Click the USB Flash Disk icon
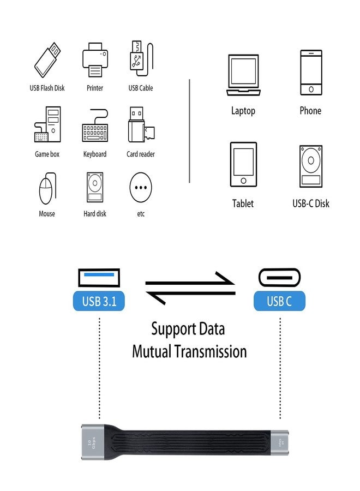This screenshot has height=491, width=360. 47,60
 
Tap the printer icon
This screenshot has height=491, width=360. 95,59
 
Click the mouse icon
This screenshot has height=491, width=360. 47,188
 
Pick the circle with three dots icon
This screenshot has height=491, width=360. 141,188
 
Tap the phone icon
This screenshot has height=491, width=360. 310,73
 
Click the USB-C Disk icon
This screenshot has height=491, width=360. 311,166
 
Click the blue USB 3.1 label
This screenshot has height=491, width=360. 99,301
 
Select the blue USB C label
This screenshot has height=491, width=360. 279,301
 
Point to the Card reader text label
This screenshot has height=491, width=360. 141,154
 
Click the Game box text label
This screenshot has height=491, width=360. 47,154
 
